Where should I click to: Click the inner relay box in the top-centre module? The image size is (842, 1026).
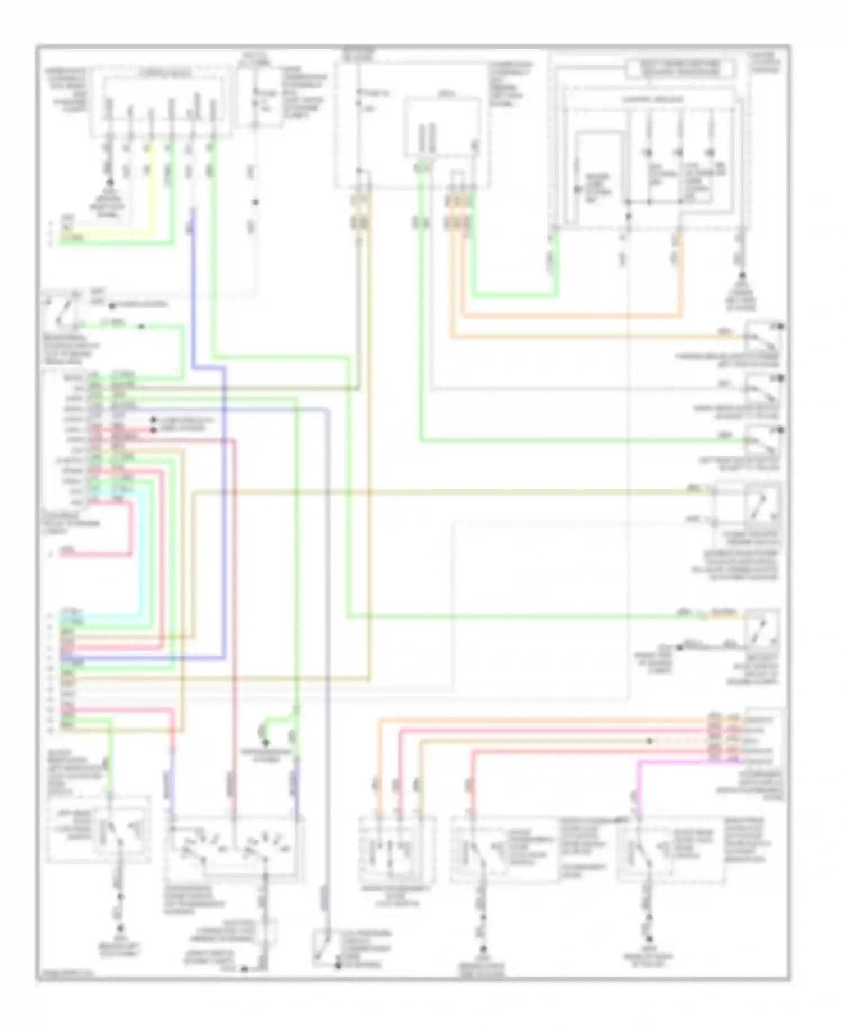pyautogui.click(x=442, y=126)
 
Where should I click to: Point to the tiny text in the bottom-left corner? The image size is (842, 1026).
pyautogui.click(x=66, y=974)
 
